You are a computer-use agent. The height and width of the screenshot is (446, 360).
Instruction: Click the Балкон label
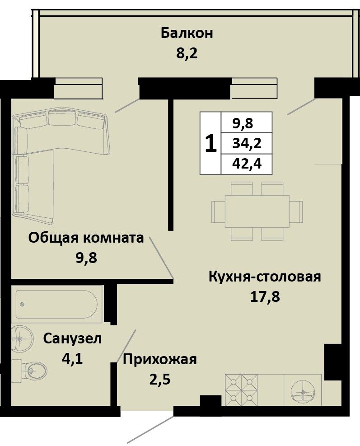pos(187,33)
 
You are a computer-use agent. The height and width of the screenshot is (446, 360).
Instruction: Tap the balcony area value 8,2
pos(187,53)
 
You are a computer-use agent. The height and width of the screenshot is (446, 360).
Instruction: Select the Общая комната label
pos(86,238)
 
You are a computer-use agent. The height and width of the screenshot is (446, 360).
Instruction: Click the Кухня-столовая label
pos(265,277)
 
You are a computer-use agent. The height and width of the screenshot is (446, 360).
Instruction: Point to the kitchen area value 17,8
pos(265,297)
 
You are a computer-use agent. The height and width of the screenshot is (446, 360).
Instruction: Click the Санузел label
pos(72,338)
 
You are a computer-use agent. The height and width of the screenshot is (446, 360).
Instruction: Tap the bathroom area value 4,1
pos(72,359)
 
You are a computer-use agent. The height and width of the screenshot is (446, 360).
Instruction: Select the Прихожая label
pos(159,359)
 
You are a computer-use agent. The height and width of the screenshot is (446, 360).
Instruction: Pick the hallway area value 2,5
pos(160,379)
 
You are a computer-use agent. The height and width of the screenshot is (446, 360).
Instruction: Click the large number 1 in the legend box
pos(210,143)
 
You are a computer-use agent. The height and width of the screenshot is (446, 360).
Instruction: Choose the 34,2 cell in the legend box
pos(247,144)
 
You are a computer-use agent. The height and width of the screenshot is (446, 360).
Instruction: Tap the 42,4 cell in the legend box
pos(247,164)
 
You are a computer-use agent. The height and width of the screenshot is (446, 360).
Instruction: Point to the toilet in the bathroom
pos(29,371)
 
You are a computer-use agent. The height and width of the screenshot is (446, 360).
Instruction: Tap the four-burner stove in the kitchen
pos(241,390)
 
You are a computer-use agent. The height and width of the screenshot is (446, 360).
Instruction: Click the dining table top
pos(257,211)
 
